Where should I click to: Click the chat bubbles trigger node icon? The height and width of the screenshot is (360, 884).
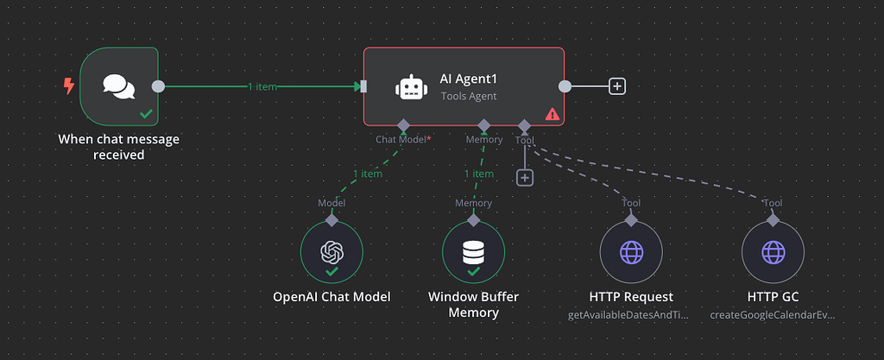click(118, 85)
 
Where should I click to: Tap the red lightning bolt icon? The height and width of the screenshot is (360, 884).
click(69, 86)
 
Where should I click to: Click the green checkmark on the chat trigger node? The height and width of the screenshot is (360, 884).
click(147, 114)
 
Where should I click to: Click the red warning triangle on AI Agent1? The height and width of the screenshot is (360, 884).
click(552, 114)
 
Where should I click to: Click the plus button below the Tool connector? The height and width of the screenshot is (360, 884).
click(525, 177)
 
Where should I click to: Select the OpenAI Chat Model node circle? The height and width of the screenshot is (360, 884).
click(331, 252)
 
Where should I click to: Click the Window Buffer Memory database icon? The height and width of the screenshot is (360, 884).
click(473, 252)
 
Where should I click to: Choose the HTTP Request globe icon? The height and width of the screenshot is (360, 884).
click(631, 252)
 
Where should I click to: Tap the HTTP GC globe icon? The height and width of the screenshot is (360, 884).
click(773, 252)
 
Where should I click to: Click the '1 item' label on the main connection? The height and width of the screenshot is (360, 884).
click(262, 86)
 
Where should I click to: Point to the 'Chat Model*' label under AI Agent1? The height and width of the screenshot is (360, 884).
click(403, 139)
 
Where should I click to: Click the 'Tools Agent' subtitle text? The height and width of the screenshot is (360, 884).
click(469, 97)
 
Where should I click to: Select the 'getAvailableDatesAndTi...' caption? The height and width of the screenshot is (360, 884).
click(629, 315)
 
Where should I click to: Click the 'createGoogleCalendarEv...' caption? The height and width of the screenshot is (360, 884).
click(773, 315)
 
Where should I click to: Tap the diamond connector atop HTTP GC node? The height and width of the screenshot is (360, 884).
click(773, 219)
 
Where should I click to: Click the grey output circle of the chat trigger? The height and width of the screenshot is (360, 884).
click(158, 86)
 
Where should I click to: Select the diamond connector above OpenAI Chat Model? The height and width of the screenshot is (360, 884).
click(331, 219)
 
